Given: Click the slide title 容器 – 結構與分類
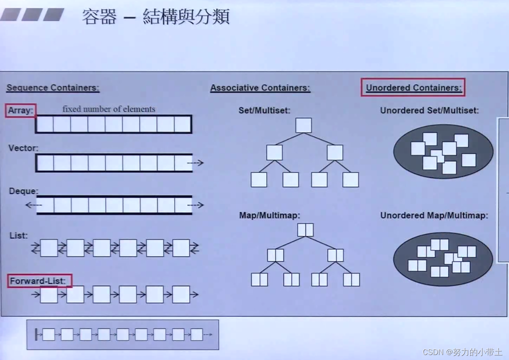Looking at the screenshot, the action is tap(155, 17).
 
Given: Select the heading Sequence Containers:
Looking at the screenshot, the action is tap(53, 88).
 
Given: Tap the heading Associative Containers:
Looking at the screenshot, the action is tap(260, 88).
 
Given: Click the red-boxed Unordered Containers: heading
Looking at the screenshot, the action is tap(414, 87).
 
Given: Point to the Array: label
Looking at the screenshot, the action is tap(20, 111).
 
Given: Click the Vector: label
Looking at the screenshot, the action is tap(23, 148).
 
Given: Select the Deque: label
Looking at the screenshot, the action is tap(23, 191).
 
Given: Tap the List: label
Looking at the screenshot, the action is tap(19, 235).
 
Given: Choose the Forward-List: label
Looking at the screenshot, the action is tap(38, 281).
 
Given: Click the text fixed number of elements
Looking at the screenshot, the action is tap(109, 109).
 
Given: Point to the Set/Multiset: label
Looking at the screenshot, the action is tap(264, 110).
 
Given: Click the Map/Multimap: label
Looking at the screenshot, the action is tap(269, 215).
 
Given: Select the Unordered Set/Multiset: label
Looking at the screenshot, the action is tap(429, 110).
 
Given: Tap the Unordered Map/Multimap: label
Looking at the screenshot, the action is tap(434, 215).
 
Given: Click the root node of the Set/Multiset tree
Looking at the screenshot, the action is tap(304, 125).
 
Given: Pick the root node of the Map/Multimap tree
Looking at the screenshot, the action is tap(305, 230).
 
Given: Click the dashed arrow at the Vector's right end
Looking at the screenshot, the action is tap(195, 163).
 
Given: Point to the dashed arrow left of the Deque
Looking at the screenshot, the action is tap(34, 205).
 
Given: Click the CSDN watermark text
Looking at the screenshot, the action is tap(462, 352).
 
